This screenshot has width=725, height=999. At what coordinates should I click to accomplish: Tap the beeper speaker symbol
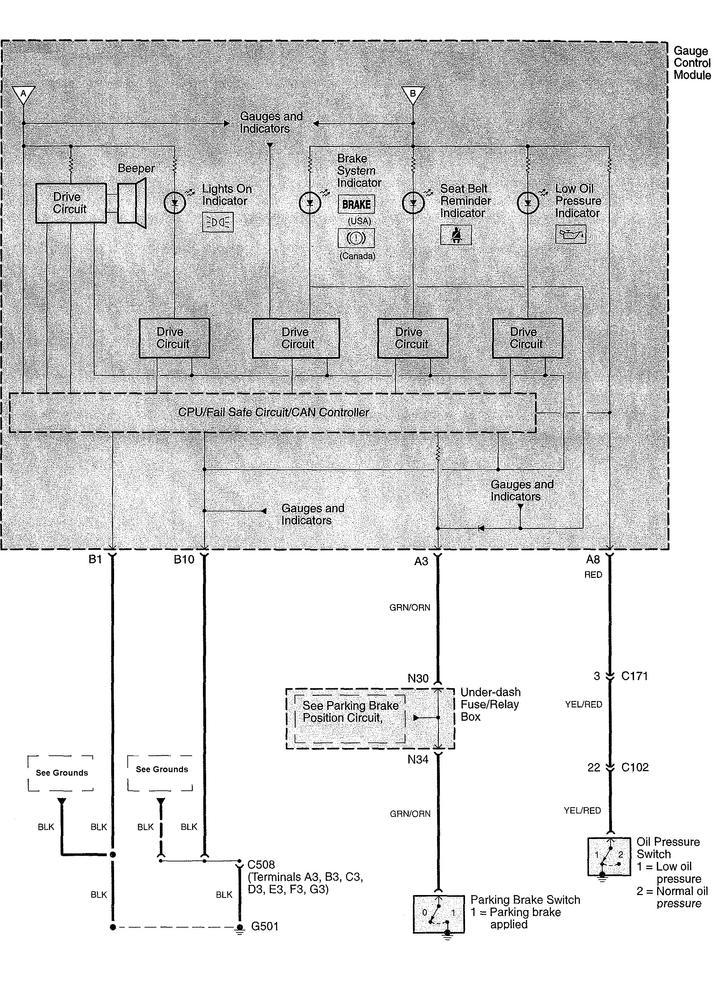(132, 203)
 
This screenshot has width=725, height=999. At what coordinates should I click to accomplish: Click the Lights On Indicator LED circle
(175, 203)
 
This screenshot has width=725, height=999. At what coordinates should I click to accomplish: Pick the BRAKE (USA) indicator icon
(356, 204)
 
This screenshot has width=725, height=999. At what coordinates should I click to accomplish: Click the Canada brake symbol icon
(356, 238)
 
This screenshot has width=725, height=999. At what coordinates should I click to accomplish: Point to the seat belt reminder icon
(456, 235)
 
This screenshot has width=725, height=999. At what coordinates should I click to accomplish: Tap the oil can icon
(570, 234)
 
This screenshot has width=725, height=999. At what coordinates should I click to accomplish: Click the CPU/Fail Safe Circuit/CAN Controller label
(273, 412)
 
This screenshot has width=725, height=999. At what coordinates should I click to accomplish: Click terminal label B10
(184, 559)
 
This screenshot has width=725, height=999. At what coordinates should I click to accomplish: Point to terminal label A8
(593, 559)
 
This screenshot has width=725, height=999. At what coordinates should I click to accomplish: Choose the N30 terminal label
(418, 678)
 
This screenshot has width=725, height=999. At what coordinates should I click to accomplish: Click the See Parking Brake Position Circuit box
(350, 718)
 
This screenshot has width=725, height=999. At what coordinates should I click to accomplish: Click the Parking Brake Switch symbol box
(438, 914)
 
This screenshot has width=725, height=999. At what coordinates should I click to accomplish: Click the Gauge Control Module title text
(692, 63)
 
